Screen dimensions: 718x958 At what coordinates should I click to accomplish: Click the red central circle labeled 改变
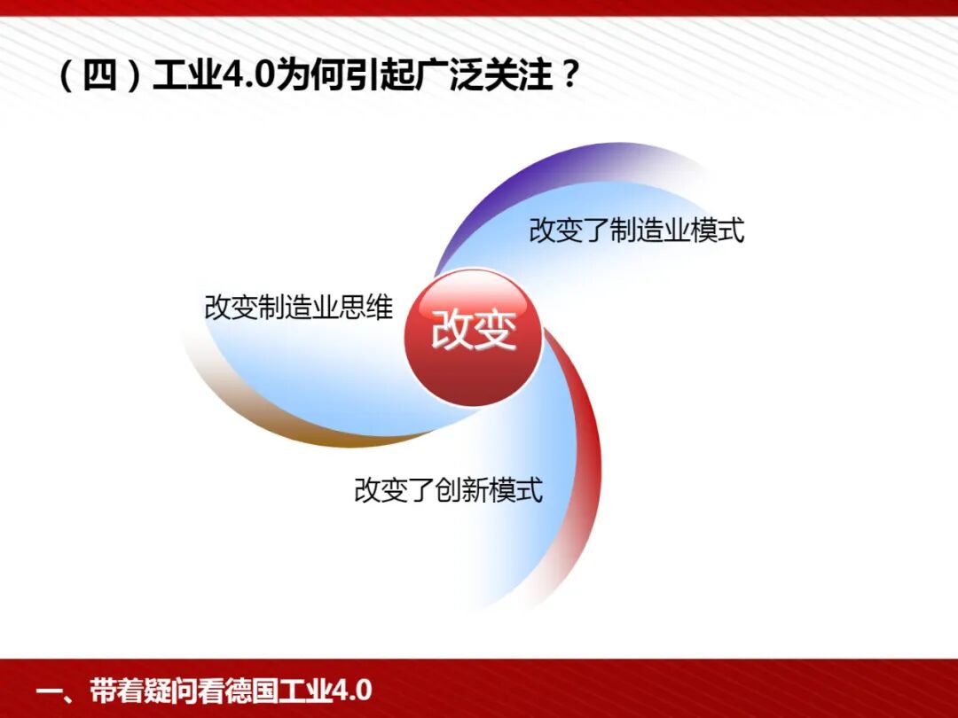(x=473, y=337)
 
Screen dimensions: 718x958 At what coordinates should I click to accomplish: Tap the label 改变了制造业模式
(x=636, y=230)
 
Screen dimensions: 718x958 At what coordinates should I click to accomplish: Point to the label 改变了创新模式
(x=448, y=489)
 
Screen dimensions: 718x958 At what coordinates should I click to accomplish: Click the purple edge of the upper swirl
(x=497, y=191)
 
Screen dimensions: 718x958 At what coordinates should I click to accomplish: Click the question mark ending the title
(x=569, y=76)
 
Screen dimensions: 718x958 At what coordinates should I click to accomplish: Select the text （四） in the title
(x=99, y=76)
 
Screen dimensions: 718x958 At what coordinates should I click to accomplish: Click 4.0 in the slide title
(x=247, y=76)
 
